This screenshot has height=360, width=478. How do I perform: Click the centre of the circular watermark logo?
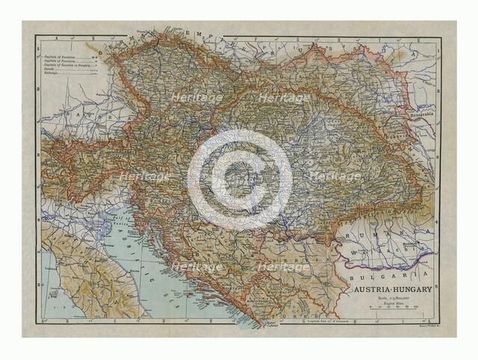pyautogui.click(x=239, y=180)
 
